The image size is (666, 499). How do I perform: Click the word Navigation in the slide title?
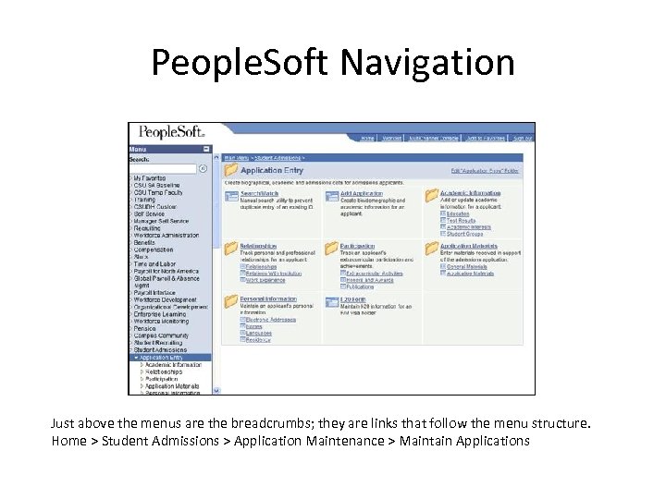427,63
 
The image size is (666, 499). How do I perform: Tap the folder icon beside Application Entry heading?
230,170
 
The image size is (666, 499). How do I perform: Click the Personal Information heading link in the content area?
268,299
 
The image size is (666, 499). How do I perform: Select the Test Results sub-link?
461,221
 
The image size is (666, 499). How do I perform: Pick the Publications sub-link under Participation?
359,287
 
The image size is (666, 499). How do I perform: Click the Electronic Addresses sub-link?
270,320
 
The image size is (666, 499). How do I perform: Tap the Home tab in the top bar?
367,139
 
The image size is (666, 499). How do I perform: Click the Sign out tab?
523,139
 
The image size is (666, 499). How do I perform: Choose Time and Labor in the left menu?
154,263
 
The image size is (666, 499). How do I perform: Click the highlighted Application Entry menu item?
169,358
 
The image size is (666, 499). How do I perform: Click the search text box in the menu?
163,168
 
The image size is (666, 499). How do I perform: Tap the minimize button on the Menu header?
208,149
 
